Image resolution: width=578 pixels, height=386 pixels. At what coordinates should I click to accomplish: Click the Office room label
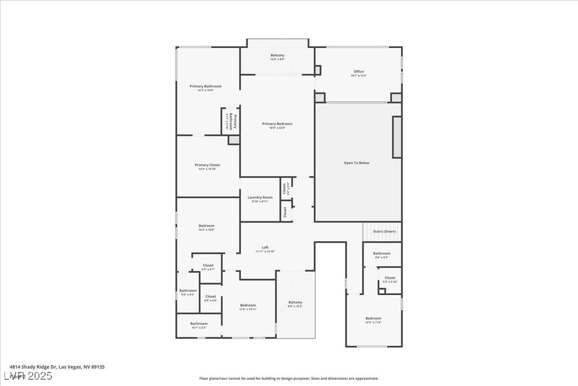tap(358, 72)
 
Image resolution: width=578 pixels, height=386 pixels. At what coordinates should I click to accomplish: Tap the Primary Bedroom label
tap(277, 124)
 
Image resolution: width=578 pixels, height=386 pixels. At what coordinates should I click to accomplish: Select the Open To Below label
tap(356, 163)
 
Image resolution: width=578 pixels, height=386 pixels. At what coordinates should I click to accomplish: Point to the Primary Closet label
tap(207, 165)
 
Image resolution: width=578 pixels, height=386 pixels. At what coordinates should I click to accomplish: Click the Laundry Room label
tap(260, 197)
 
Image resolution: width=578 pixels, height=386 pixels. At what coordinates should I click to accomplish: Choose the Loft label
tap(265, 247)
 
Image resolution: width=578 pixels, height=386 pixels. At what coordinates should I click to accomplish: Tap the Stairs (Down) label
tap(384, 231)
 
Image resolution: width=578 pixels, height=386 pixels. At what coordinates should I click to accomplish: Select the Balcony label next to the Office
tap(277, 55)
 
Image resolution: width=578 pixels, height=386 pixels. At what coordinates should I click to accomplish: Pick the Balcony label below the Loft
tap(295, 302)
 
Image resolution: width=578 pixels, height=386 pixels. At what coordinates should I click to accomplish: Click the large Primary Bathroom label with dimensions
tap(205, 86)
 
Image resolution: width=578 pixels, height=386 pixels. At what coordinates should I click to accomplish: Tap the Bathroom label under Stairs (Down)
tap(382, 254)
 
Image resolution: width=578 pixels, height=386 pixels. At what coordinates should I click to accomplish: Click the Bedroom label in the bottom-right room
tap(373, 318)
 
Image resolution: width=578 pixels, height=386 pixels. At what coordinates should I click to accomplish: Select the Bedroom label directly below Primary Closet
tap(206, 226)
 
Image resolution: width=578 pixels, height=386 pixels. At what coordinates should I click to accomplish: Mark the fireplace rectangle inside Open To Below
tap(397, 137)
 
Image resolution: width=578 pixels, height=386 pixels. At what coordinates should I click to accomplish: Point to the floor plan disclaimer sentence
tap(288, 379)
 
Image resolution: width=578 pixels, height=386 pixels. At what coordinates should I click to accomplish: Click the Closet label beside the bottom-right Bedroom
tap(390, 277)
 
